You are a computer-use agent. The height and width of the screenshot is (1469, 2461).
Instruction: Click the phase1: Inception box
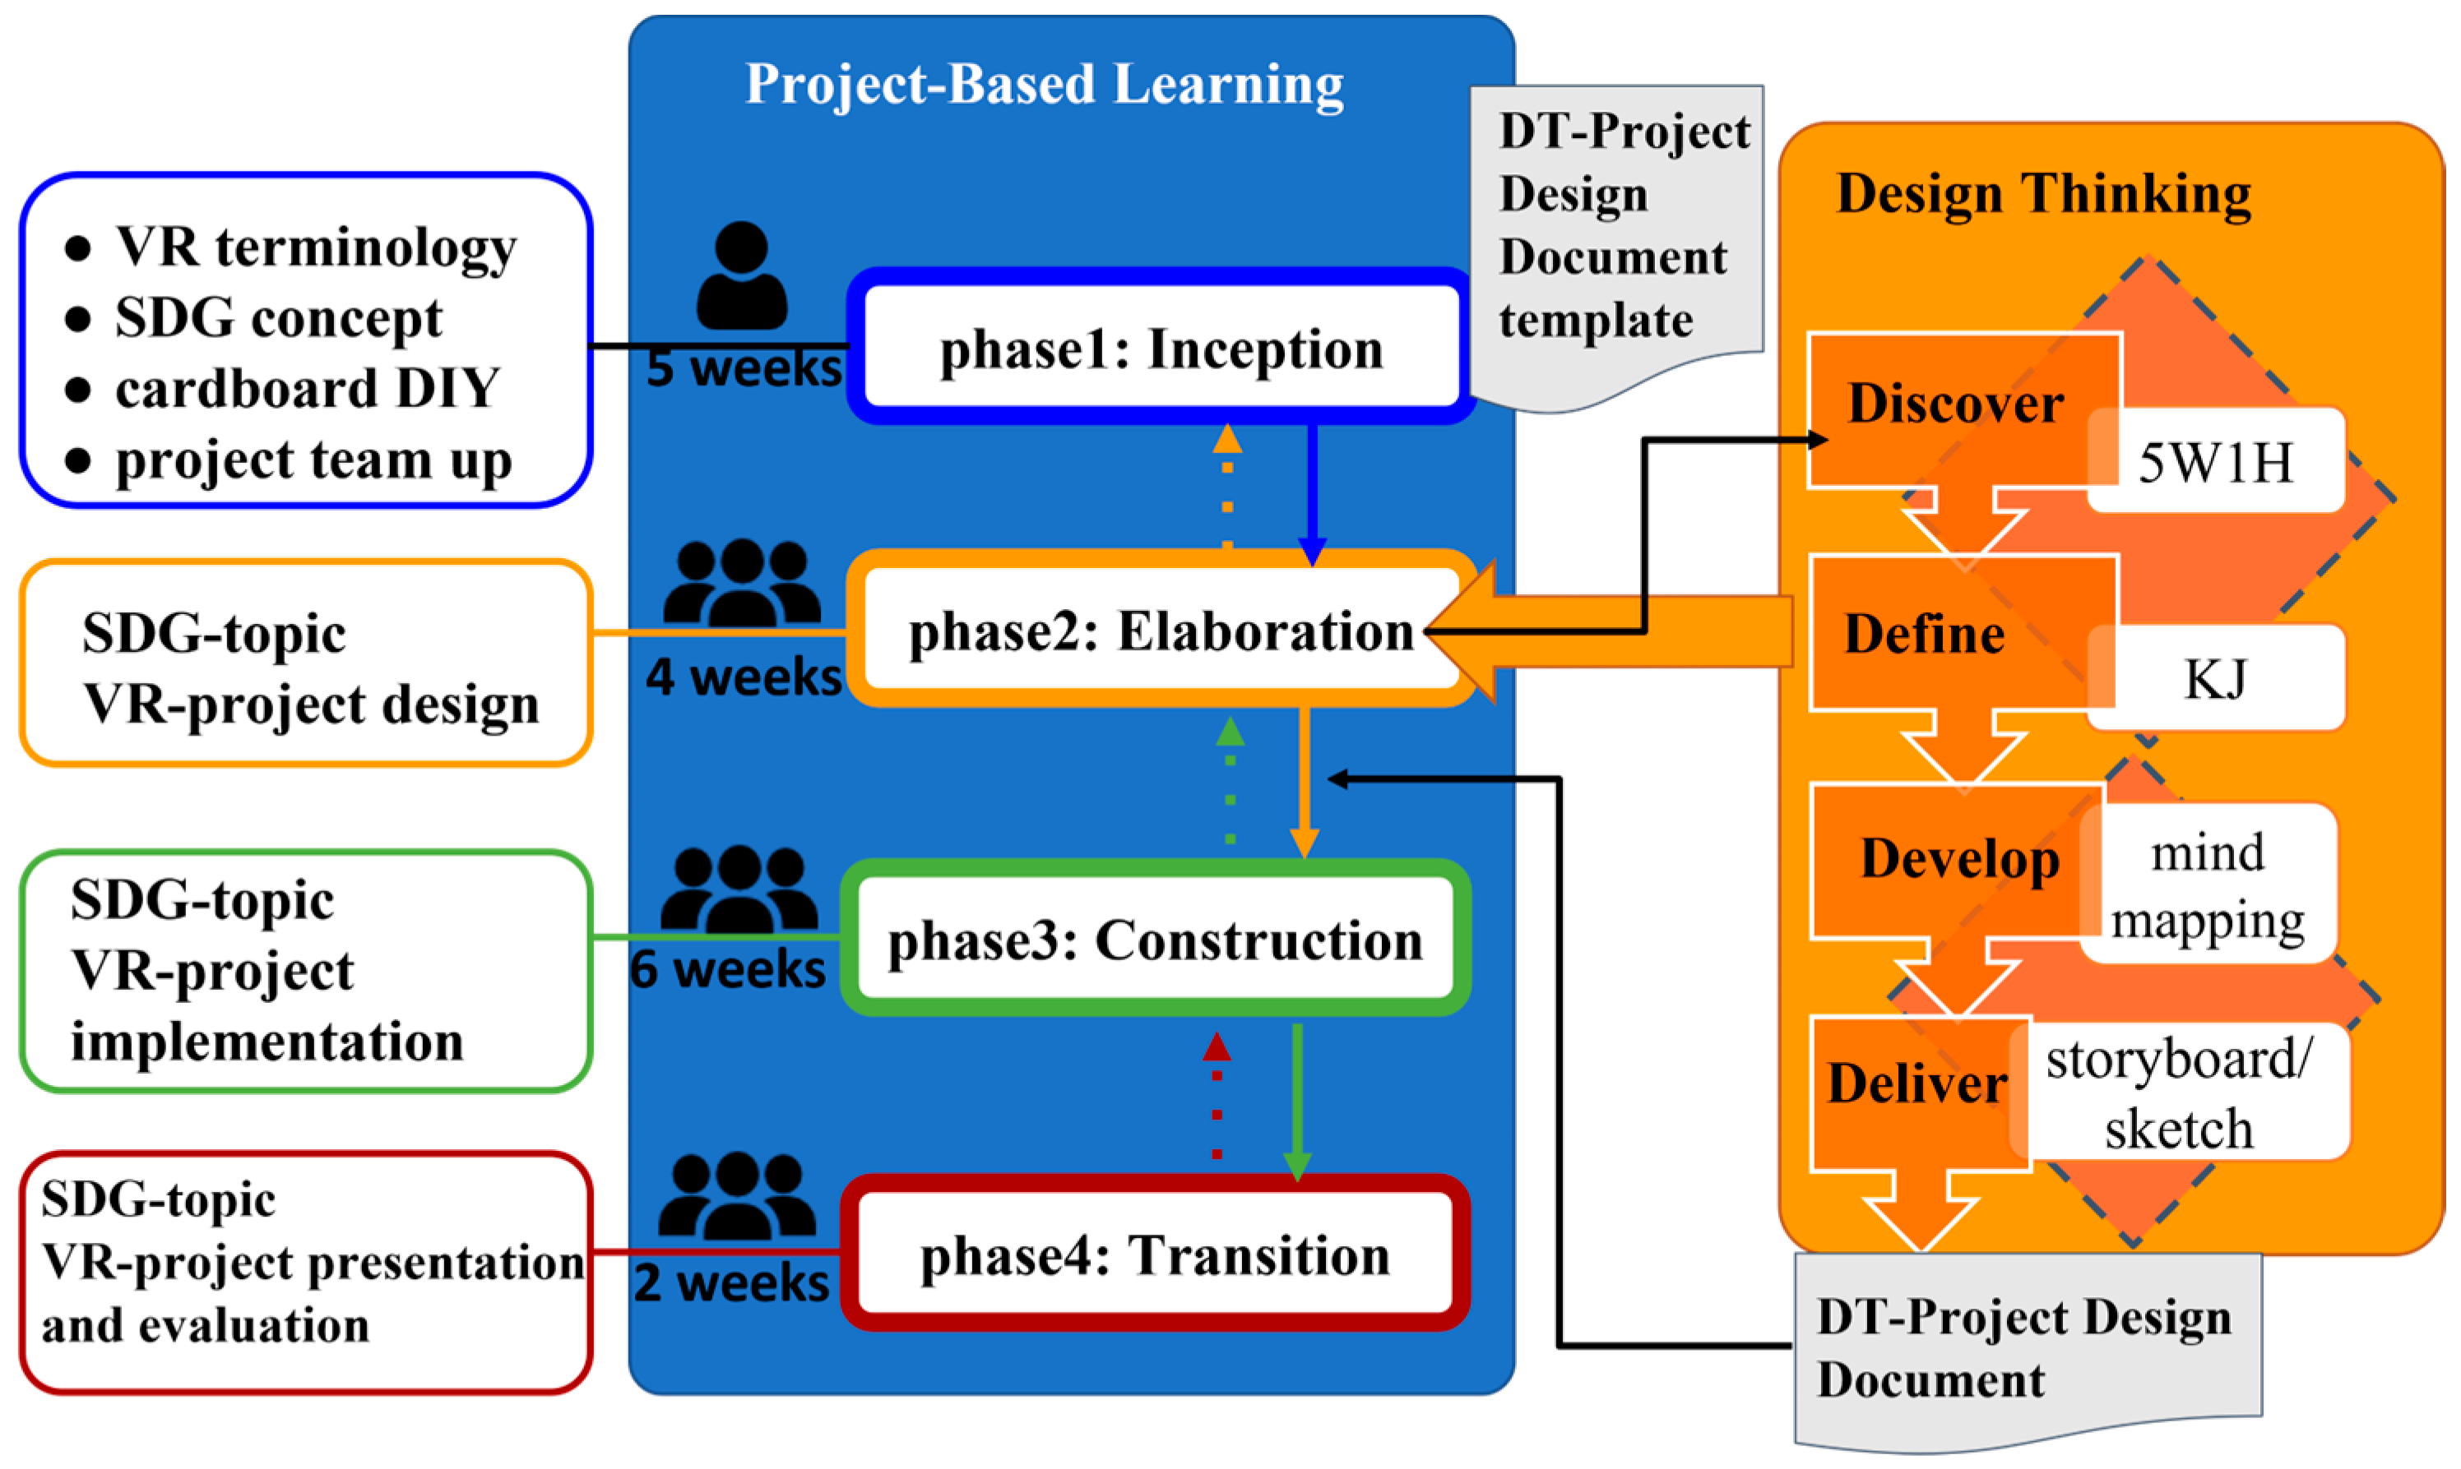click(x=1161, y=349)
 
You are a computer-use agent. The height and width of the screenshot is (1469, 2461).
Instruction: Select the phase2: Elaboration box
click(x=1161, y=631)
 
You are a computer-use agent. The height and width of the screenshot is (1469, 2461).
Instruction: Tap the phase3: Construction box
click(x=1155, y=940)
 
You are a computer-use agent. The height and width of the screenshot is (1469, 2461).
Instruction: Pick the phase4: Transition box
click(x=1155, y=1254)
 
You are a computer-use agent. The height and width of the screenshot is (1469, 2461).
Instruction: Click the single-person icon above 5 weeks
click(x=742, y=276)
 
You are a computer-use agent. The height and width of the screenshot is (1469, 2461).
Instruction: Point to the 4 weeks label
click(x=743, y=677)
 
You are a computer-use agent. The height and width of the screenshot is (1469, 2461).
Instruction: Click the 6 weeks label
click(x=727, y=968)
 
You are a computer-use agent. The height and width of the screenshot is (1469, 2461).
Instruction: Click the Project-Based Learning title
click(x=1045, y=84)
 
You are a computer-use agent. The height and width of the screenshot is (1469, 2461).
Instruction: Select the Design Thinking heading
click(x=2043, y=193)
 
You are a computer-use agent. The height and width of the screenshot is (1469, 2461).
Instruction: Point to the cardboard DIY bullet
click(x=307, y=388)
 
